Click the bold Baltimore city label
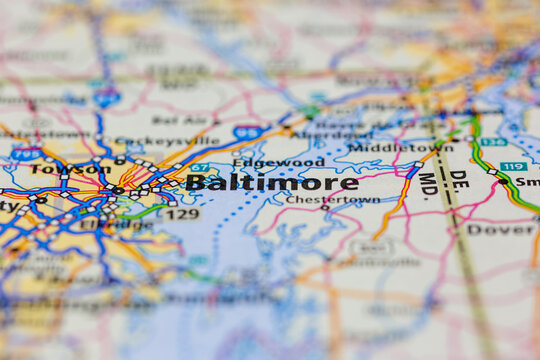pyautogui.click(x=271, y=183)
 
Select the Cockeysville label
pyautogui.click(x=153, y=142)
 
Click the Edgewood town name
pyautogui.click(x=278, y=162)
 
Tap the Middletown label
pyautogui.click(x=399, y=148)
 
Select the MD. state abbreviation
pyautogui.click(x=428, y=184)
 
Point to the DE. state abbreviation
pyautogui.click(x=457, y=182)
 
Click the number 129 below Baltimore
pyautogui.click(x=182, y=214)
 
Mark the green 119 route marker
pyautogui.click(x=512, y=166)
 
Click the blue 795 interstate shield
pyautogui.click(x=26, y=154)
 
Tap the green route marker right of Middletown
pyautogui.click(x=492, y=142)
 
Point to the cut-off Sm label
pyautogui.click(x=527, y=183)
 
